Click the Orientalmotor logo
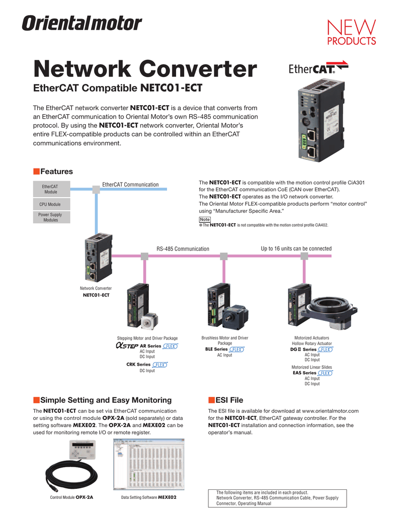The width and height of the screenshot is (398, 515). click(x=81, y=23)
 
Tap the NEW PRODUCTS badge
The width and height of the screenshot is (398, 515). click(x=359, y=32)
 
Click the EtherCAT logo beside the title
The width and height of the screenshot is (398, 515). click(x=311, y=68)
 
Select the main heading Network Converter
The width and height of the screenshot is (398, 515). click(x=145, y=69)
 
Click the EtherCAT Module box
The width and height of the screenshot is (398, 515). click(x=50, y=189)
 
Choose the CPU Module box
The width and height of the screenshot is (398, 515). click(x=50, y=205)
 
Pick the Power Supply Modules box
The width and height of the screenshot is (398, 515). click(x=50, y=217)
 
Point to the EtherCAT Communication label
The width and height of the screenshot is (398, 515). click(x=130, y=185)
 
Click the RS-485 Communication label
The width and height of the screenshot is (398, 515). click(x=183, y=249)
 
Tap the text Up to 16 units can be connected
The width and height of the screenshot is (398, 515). click(x=296, y=248)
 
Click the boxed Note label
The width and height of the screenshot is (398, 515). click(x=204, y=219)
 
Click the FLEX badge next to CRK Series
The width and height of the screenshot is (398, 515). click(x=160, y=365)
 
